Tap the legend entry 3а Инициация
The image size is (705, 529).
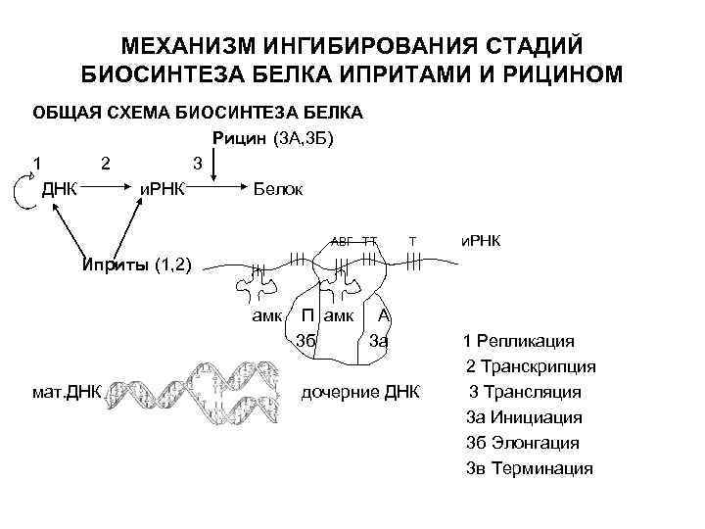tap(523, 417)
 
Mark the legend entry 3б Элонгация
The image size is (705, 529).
tap(523, 443)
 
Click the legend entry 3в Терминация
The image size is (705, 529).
tap(529, 468)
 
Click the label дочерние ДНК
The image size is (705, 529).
tap(360, 392)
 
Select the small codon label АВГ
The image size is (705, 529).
tap(341, 240)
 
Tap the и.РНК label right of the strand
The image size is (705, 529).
tap(480, 240)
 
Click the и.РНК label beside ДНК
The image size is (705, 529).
tap(163, 188)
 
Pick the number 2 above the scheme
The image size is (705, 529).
tap(106, 163)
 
